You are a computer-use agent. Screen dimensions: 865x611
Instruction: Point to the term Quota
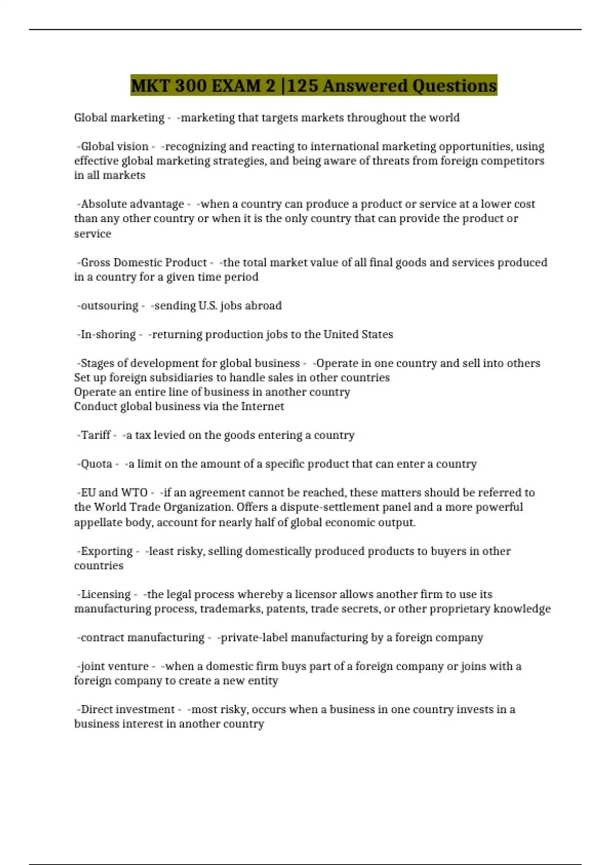pyautogui.click(x=96, y=464)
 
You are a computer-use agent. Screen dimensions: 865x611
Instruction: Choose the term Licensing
pyautogui.click(x=105, y=594)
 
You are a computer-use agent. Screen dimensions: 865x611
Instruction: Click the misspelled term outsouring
pyautogui.click(x=109, y=306)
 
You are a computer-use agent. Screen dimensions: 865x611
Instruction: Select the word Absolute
pyautogui.click(x=102, y=204)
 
